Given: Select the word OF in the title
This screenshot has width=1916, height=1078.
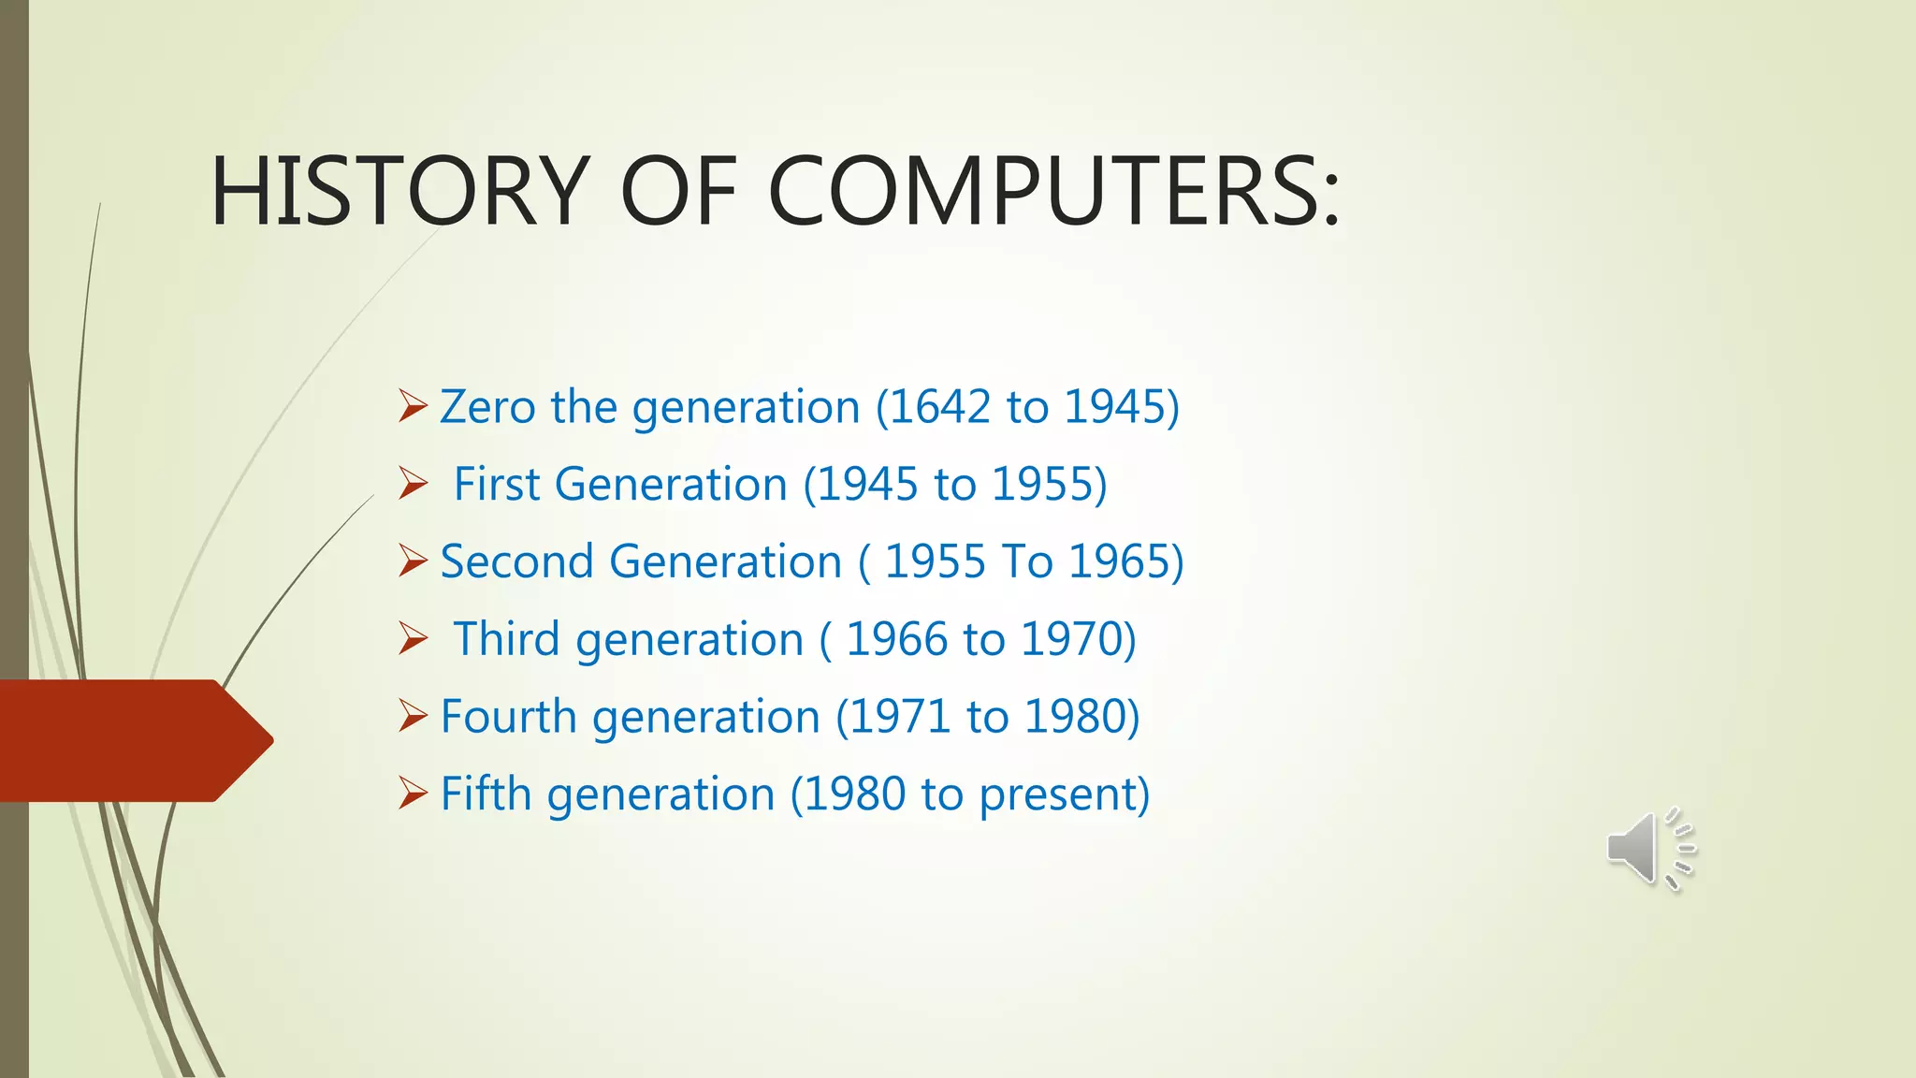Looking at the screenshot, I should point(678,191).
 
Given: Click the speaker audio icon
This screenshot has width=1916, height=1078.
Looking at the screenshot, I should point(1650,848).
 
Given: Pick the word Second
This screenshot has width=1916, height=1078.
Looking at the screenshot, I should point(516,561).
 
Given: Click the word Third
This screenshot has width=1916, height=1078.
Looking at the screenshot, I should point(506,639).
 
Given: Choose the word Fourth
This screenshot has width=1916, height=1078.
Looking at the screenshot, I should point(508,717).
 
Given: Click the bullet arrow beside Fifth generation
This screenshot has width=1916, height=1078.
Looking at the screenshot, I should point(413,793).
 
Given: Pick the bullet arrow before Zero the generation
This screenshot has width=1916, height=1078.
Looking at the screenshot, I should point(413,405).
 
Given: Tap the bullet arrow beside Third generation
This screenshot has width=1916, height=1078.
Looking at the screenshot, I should point(413,638).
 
